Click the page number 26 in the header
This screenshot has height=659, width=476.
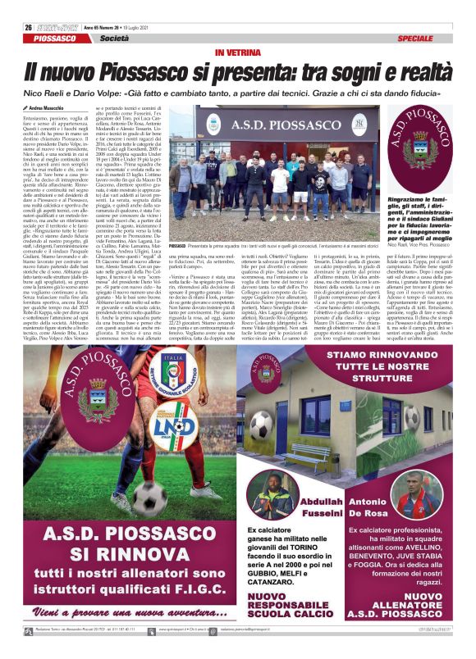click(28, 27)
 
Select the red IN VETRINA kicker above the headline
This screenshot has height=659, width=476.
click(238, 52)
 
